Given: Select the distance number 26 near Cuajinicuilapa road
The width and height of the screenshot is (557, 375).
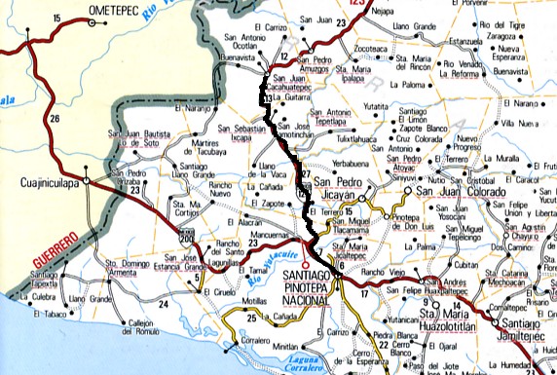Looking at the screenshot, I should pyautogui.click(x=55, y=119).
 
